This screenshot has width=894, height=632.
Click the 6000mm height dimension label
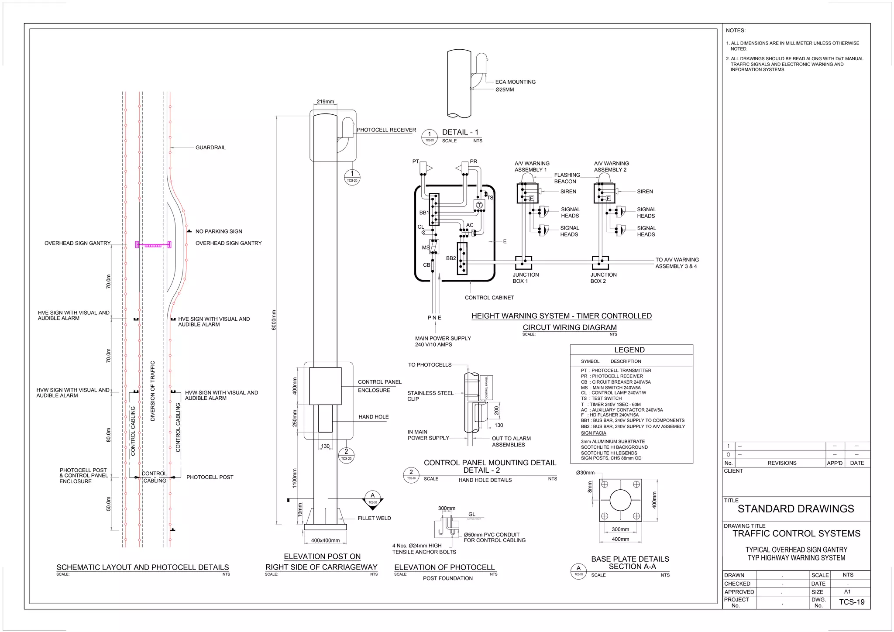click(x=274, y=320)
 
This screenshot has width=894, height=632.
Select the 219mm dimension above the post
click(x=325, y=102)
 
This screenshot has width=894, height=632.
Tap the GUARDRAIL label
click(x=210, y=148)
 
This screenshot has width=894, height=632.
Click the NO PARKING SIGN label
click(x=219, y=231)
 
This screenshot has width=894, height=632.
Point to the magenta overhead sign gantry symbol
click(x=153, y=245)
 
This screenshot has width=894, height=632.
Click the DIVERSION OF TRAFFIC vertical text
click(x=153, y=391)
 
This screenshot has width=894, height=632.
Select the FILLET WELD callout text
click(x=374, y=518)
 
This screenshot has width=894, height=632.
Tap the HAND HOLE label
click(x=373, y=417)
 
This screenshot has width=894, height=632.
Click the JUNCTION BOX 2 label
click(x=603, y=278)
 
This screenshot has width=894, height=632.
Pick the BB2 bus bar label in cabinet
click(x=451, y=258)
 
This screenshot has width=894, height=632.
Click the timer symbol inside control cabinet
click(x=479, y=205)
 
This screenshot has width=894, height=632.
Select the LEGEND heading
click(x=629, y=350)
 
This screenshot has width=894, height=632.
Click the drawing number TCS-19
click(x=851, y=602)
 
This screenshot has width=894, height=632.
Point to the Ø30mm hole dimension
click(x=585, y=473)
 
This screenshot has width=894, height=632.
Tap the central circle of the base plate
click(x=620, y=500)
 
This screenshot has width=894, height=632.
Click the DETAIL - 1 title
click(x=460, y=132)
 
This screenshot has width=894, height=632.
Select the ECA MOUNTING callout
click(x=515, y=82)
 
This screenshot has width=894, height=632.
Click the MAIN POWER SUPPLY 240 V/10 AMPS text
click(x=443, y=341)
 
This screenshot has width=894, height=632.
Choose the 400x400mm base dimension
click(x=325, y=540)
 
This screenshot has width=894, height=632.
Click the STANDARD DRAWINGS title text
click(x=795, y=509)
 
